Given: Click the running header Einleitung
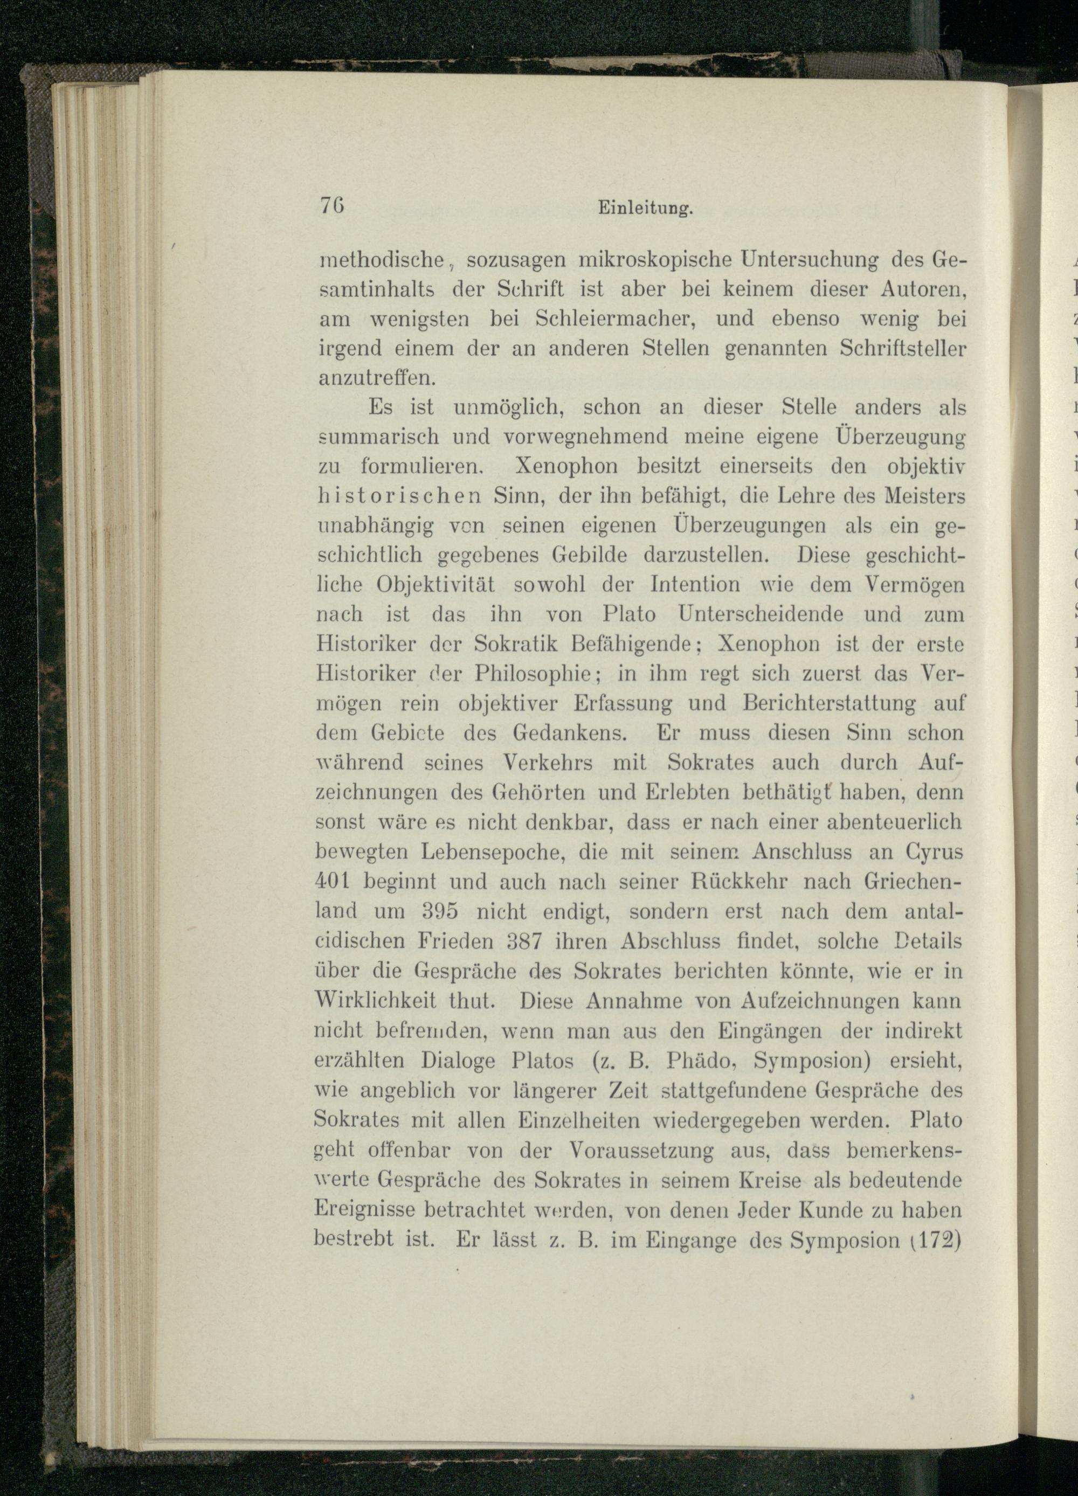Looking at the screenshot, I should pos(644,209).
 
